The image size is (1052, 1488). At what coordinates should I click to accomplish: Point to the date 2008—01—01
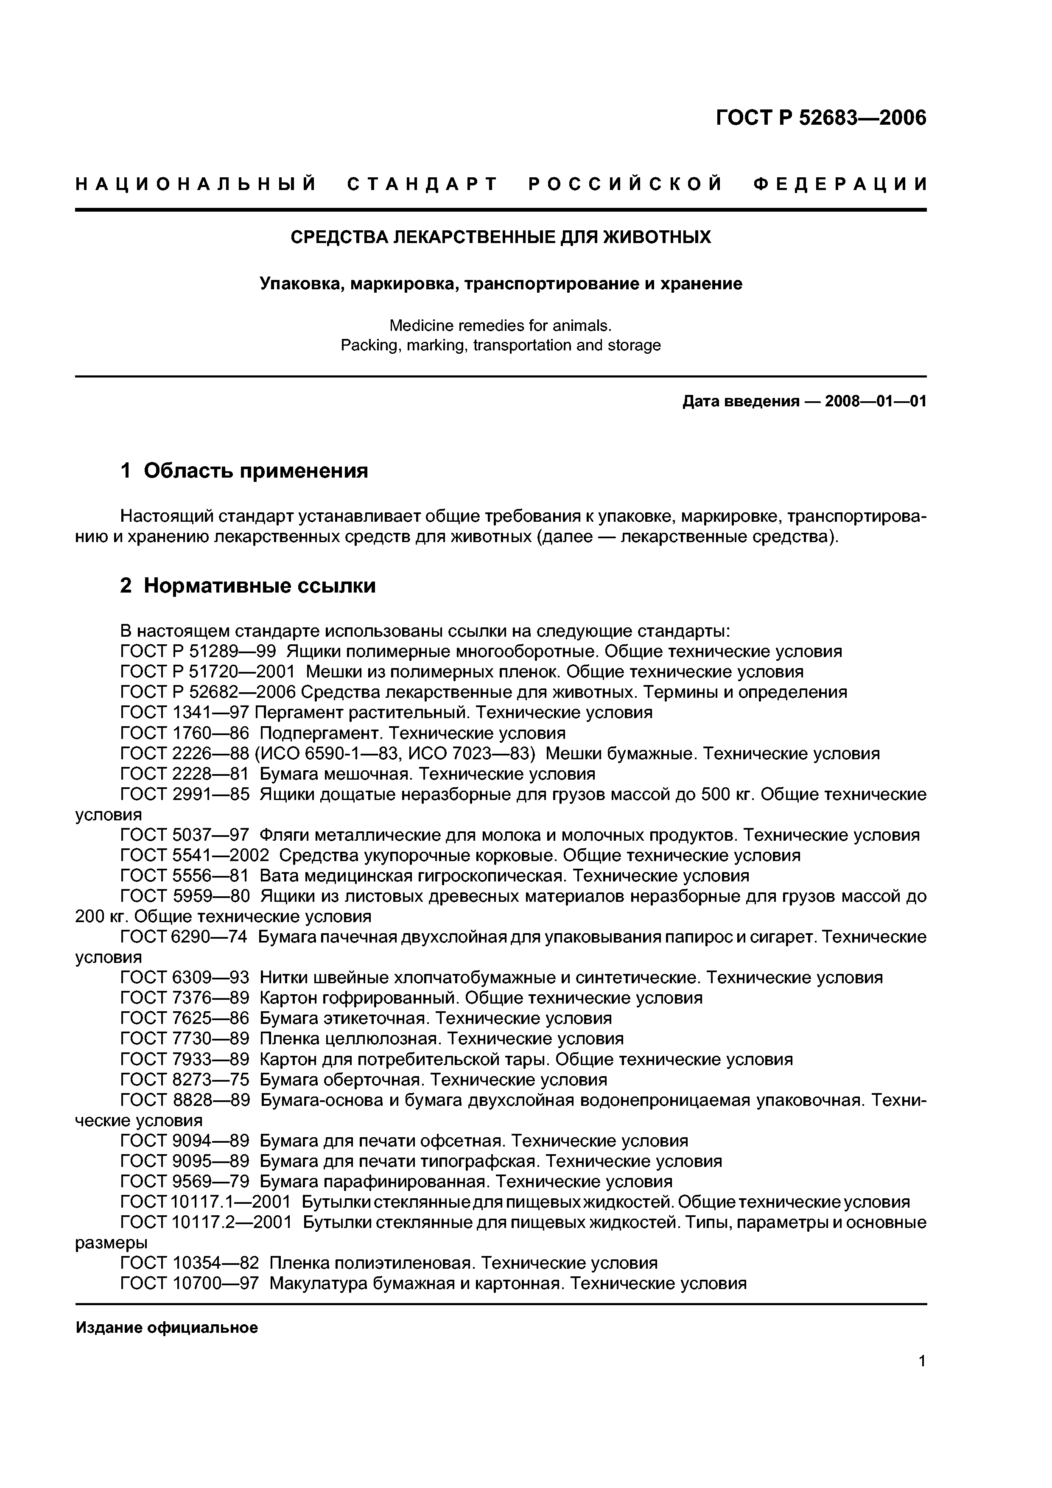[x=875, y=401]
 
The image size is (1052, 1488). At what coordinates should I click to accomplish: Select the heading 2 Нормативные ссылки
[x=248, y=585]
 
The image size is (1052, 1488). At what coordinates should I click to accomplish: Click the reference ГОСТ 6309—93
[x=185, y=977]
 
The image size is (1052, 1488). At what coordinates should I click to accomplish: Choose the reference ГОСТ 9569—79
[x=185, y=1181]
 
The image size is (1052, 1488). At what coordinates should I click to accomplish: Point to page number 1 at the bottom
[x=922, y=1379]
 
